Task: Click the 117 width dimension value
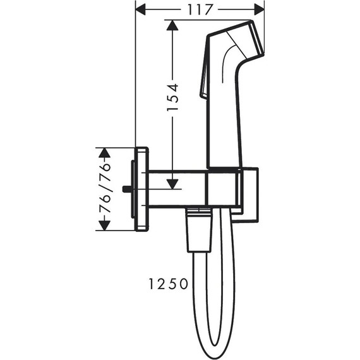[199, 10]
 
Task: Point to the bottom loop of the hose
[212, 345]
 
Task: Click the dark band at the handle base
[224, 169]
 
